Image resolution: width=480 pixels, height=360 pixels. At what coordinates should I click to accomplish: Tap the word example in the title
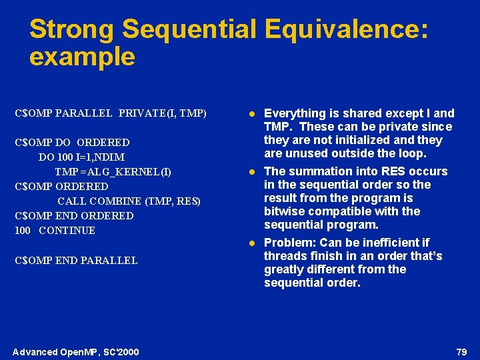(82, 57)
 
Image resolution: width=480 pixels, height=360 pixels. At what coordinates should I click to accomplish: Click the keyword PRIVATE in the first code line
(147, 113)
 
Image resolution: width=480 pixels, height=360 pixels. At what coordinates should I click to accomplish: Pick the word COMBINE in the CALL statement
(111, 201)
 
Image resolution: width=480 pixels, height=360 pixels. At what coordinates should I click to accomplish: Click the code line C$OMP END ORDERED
(74, 216)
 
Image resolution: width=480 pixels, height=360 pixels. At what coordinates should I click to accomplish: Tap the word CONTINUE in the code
(67, 231)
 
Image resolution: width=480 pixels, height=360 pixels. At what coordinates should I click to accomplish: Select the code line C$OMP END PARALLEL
(76, 261)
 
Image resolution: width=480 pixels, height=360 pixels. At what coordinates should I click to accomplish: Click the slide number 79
(461, 351)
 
